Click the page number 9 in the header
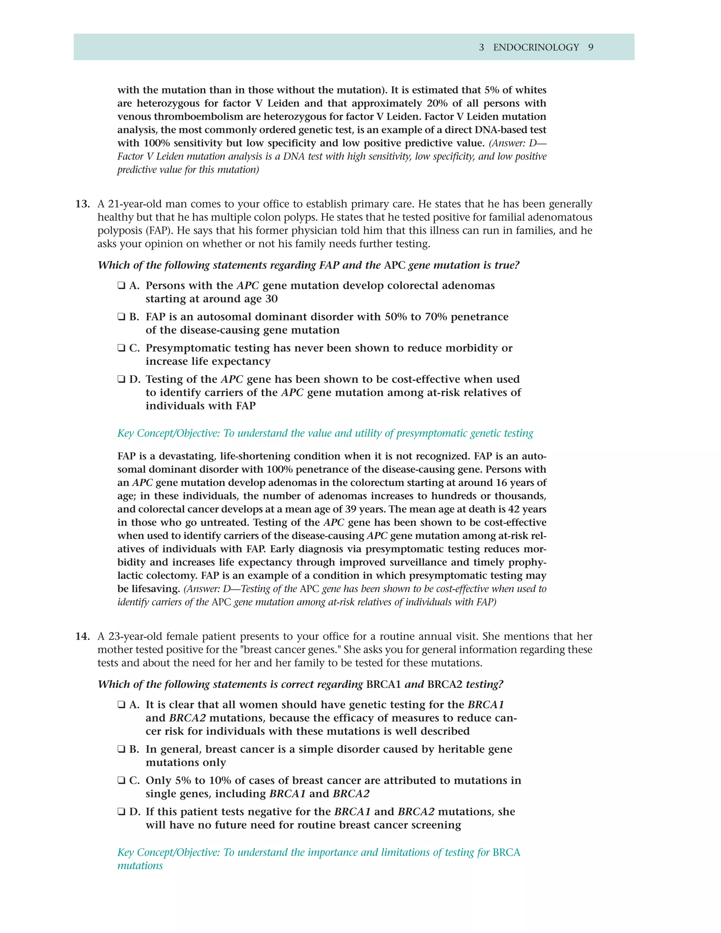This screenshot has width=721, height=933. point(591,48)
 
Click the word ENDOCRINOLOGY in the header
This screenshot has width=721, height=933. point(536,48)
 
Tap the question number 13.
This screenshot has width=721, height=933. point(82,204)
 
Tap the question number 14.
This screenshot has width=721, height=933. point(82,636)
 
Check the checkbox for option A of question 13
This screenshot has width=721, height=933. point(121,286)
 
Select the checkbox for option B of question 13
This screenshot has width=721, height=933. point(121,317)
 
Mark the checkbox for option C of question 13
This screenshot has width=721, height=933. point(121,348)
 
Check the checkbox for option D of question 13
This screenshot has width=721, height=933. point(121,379)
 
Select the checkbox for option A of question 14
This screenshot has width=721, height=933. point(121,705)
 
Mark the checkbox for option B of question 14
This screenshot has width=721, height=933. point(121,749)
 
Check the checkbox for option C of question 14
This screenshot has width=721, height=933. point(121,780)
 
